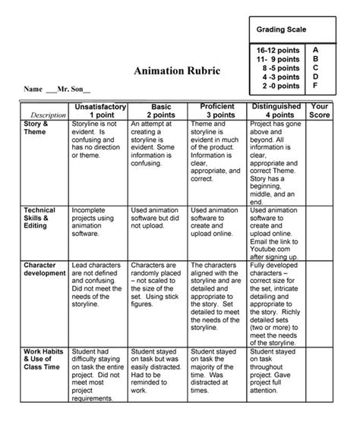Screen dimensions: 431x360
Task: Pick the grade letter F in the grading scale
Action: pos(316,85)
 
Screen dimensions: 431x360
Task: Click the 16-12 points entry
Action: pos(276,49)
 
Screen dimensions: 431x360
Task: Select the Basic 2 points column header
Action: pos(156,111)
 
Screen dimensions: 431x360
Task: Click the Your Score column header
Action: pos(320,111)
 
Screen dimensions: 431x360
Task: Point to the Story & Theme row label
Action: pos(36,127)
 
